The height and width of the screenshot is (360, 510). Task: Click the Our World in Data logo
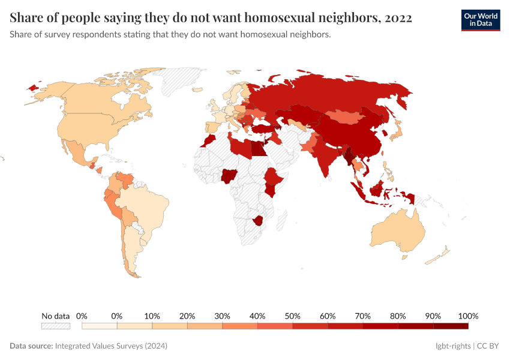[x=480, y=19]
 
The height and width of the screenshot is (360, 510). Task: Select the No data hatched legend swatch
[x=56, y=326]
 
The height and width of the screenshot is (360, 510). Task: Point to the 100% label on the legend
[x=468, y=316]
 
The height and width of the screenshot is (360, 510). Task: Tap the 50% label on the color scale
[x=292, y=316]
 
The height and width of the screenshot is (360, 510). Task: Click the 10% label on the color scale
[x=152, y=316]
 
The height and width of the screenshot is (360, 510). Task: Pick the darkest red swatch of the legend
[x=451, y=326]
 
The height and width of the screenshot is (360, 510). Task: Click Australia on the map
[x=396, y=231]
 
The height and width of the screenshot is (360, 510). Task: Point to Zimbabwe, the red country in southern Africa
[x=259, y=219]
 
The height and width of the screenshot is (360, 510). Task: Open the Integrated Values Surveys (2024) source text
[x=111, y=346]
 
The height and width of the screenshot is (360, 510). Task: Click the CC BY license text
[x=488, y=346]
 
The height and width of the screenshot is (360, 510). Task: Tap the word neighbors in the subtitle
[x=310, y=34]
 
